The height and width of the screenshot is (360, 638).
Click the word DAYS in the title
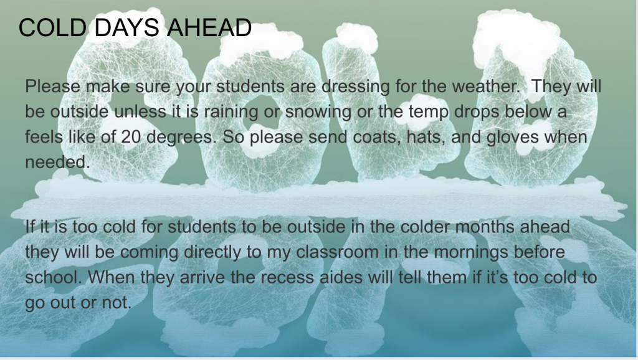coord(126,27)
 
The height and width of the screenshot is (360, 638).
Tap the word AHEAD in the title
coord(209,27)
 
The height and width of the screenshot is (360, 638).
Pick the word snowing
coord(318,112)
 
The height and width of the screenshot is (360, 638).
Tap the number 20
coord(131,137)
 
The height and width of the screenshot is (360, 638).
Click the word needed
coord(57,163)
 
